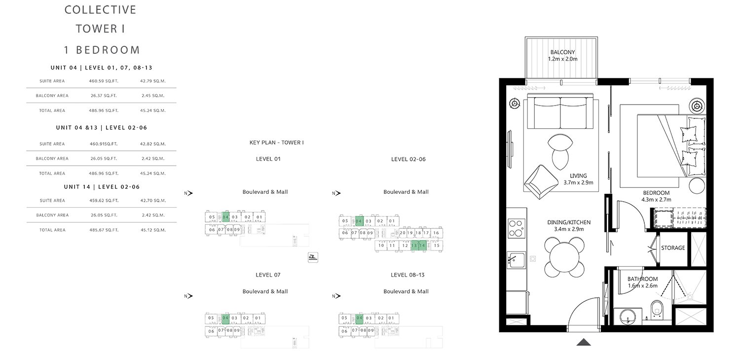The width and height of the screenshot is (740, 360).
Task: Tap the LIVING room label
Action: point(578,176)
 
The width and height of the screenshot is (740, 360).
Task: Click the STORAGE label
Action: point(673,248)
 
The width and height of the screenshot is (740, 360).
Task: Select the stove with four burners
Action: point(516,228)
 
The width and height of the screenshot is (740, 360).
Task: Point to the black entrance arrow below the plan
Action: point(584,342)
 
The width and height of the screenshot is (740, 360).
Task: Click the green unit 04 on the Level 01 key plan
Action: point(225,217)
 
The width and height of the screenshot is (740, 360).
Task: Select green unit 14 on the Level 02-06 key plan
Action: point(422,245)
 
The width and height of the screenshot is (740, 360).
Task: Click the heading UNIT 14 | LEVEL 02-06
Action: point(102,187)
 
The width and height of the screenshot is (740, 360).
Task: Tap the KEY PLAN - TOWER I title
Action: point(276,142)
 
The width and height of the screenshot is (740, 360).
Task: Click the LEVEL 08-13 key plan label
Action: point(408,275)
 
